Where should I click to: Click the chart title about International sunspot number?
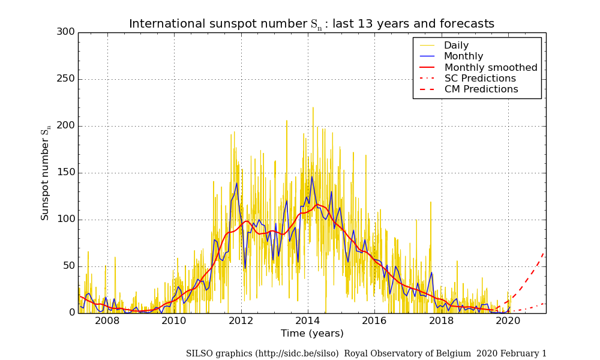(x=311, y=24)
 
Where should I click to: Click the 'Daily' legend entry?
(x=456, y=46)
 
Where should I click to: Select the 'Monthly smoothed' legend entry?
(x=491, y=68)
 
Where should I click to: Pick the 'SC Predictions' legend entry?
(x=480, y=79)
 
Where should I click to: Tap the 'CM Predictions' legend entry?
(x=481, y=89)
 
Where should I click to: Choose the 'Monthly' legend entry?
(x=463, y=56)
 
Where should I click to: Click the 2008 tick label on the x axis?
(x=107, y=320)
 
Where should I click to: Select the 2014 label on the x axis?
(x=308, y=320)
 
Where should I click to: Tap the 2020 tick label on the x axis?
(x=508, y=320)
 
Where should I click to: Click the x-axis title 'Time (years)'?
(x=312, y=334)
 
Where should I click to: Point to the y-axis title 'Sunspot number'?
(x=46, y=174)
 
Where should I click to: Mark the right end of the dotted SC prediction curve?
(x=544, y=303)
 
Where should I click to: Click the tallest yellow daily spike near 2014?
(x=313, y=108)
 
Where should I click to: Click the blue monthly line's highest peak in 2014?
(x=311, y=176)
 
